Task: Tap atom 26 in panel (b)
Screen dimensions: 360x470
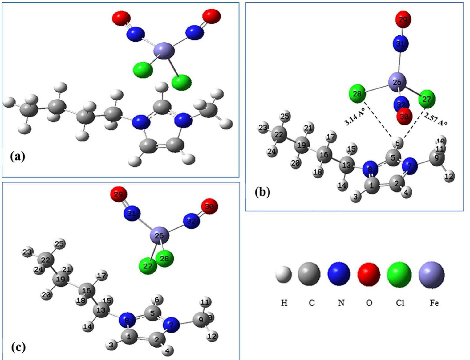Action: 397,82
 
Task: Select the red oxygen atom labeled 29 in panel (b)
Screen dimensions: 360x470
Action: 403,20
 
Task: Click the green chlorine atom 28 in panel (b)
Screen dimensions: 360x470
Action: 357,93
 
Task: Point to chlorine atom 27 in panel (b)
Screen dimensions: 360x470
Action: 427,99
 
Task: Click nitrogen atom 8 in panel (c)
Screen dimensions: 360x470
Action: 128,321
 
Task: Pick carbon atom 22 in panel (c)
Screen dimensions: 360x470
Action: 46,260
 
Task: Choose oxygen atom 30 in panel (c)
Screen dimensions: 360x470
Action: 209,207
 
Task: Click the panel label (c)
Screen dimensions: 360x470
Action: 18,347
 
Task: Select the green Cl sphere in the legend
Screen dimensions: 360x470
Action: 399,274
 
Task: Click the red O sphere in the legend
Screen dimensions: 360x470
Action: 368,274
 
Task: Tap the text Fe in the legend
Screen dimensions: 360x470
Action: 434,303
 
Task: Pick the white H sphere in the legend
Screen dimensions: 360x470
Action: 284,274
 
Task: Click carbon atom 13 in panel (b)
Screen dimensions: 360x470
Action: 346,165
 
